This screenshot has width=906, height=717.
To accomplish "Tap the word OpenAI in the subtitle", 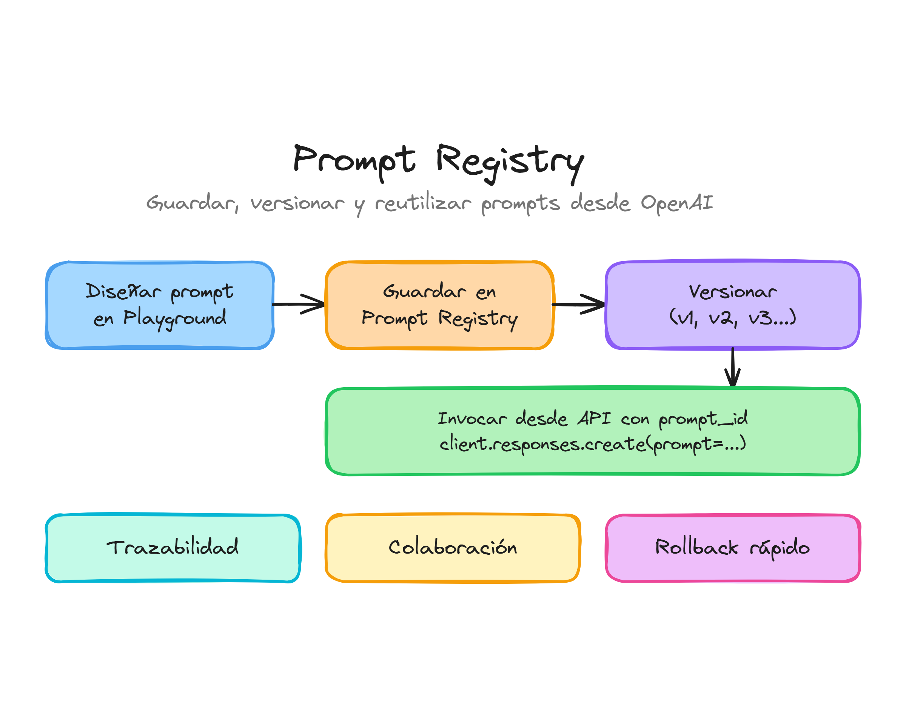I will coord(676,203).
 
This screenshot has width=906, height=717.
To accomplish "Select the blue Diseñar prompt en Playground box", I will coord(160,305).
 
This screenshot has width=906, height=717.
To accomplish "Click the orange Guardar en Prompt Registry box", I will coord(439,305).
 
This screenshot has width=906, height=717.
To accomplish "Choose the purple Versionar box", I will coord(732,305).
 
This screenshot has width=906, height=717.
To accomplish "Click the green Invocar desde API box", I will coord(592,431).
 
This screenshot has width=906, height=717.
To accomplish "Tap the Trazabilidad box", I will coord(173,548).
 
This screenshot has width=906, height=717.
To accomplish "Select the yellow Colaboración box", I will coord(453,548).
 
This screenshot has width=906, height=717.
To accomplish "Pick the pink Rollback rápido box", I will coord(733,548).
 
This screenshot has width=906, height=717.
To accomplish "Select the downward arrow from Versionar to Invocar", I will coord(732,367).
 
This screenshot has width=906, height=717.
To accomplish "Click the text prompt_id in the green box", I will coord(703,419).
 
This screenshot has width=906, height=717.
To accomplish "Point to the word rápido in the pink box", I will coord(779,548).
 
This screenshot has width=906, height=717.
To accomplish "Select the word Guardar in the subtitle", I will coord(192,203).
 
